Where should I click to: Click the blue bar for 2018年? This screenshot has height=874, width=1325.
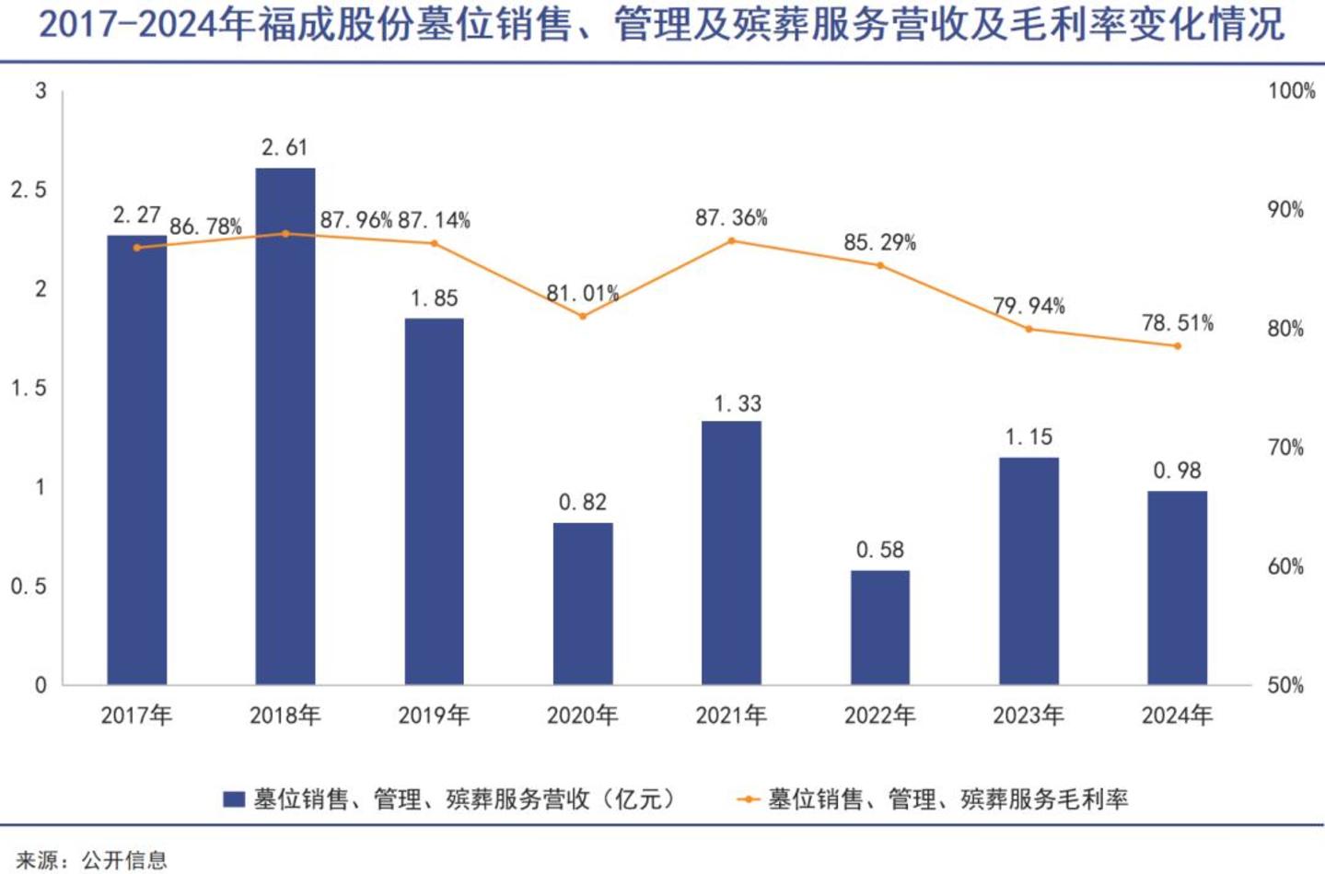(285, 426)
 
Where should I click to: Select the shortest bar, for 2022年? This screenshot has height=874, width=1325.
(880, 628)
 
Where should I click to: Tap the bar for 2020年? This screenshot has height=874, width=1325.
(583, 604)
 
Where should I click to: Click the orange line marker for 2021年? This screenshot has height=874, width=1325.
(732, 241)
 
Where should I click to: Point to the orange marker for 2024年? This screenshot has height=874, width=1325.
(1177, 346)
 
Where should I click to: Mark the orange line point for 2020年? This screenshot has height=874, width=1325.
(583, 317)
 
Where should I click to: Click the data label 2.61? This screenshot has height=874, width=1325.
(285, 147)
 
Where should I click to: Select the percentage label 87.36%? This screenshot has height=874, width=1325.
(731, 217)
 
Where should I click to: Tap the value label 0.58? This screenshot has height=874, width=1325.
(880, 551)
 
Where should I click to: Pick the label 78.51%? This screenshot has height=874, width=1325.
(1177, 323)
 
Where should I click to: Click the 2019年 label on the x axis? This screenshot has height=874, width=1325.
(434, 716)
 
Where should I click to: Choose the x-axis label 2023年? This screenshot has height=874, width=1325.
(1029, 716)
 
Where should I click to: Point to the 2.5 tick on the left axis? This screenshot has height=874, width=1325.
(29, 190)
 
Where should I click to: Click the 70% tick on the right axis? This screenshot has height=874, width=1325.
(1285, 448)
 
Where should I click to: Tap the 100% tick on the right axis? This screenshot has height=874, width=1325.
(1291, 90)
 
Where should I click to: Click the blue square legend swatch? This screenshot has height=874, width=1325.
(234, 799)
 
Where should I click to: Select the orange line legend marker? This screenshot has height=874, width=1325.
(749, 799)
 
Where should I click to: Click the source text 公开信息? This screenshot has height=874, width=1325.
(124, 860)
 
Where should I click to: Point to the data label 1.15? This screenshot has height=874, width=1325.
(1029, 437)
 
